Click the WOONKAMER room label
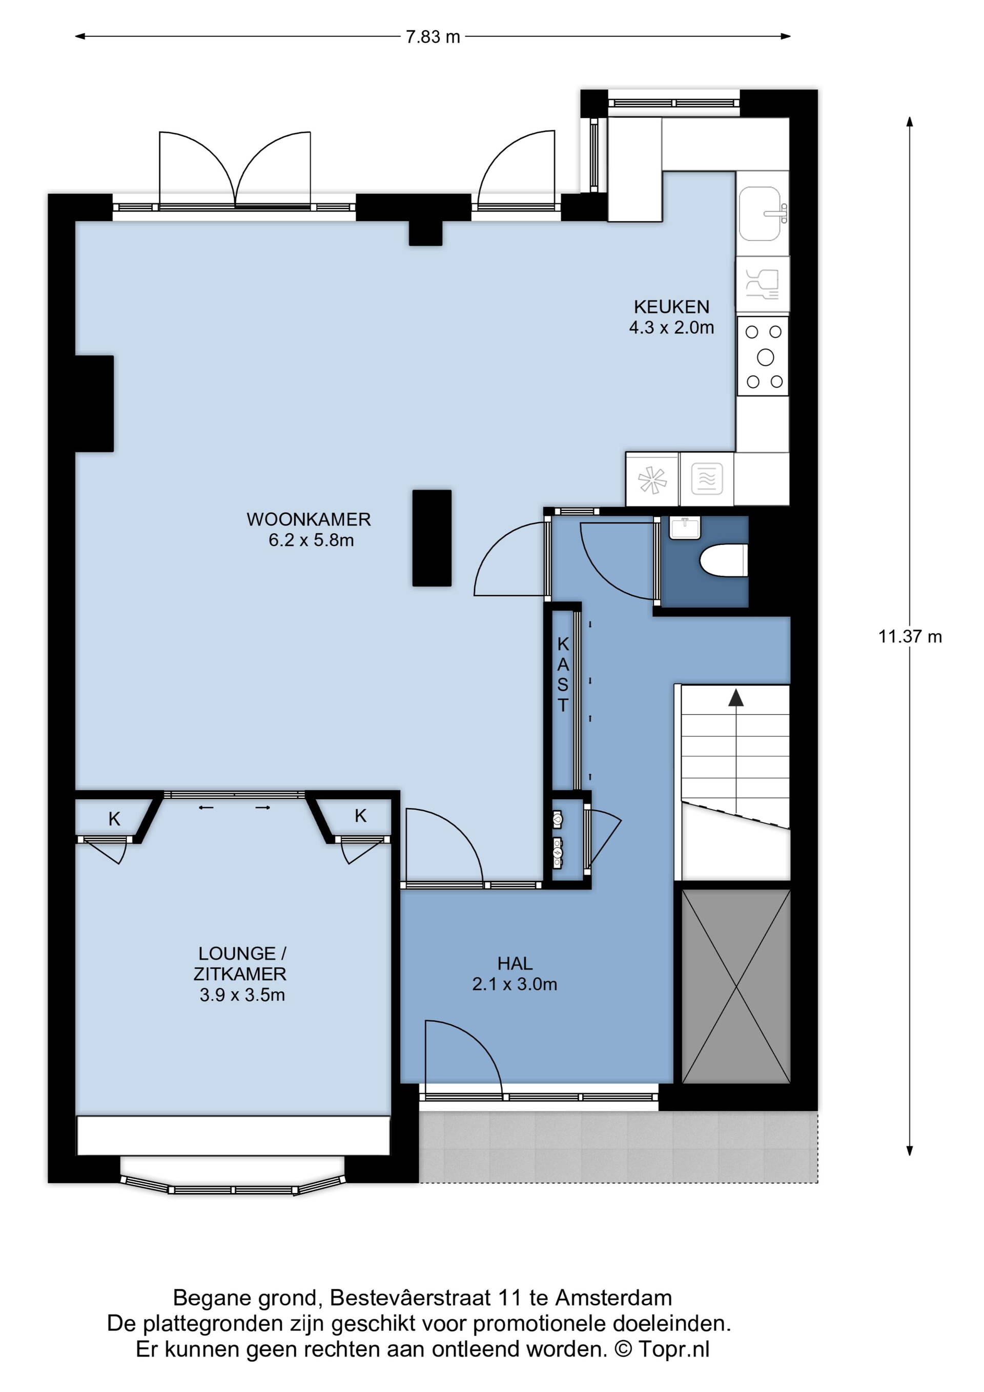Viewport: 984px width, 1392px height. [309, 519]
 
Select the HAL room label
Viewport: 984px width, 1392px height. [515, 963]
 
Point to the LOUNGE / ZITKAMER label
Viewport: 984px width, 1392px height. [240, 964]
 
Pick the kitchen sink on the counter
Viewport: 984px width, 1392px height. [762, 213]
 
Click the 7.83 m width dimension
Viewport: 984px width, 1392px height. [433, 37]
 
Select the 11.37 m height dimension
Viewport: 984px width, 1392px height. [910, 637]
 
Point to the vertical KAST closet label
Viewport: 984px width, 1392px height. [563, 674]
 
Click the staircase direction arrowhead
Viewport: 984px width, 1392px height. [735, 698]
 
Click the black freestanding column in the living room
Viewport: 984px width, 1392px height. [432, 538]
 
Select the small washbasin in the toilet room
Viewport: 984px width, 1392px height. [685, 528]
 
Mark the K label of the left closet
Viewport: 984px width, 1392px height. [114, 820]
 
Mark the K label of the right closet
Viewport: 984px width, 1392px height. [360, 817]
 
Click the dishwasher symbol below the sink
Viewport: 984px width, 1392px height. [762, 285]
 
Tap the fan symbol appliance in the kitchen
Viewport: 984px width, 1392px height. [652, 480]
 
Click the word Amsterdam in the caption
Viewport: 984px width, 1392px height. [614, 1299]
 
